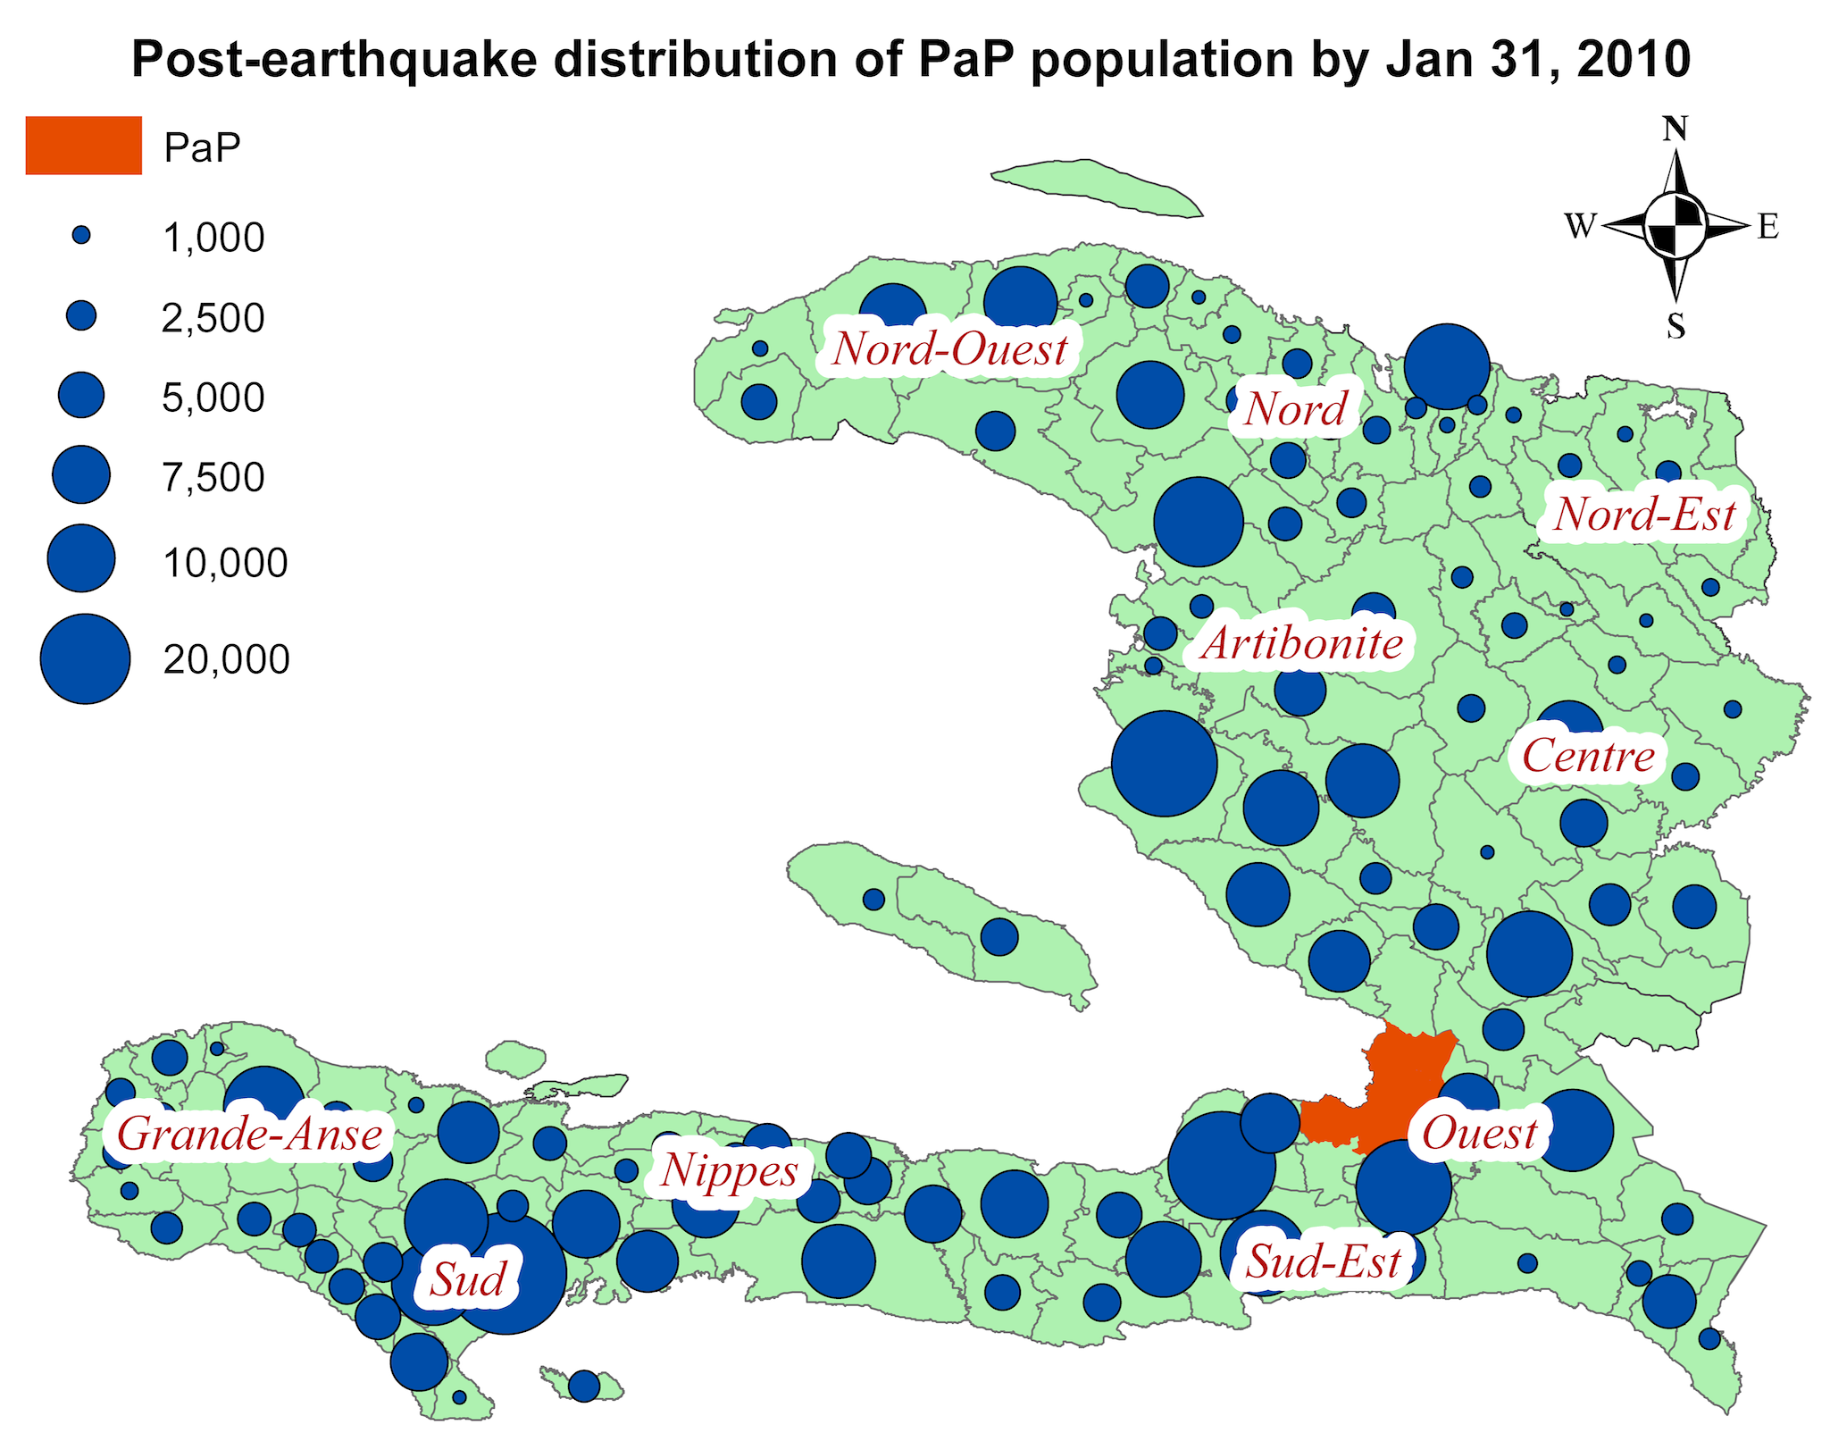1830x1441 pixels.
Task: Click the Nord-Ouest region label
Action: [949, 349]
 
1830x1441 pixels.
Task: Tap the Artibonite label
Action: [1301, 644]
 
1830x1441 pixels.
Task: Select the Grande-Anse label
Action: [250, 1135]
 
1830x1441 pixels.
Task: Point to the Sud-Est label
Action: [1323, 1262]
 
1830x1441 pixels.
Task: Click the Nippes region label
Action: [729, 1171]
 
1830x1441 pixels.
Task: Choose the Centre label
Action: [1588, 756]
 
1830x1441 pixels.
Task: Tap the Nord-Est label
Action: [1644, 515]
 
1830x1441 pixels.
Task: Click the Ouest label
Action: [1479, 1134]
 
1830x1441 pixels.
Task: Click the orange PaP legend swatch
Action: [83, 146]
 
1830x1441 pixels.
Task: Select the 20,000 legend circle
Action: [85, 659]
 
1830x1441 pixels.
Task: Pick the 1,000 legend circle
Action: [81, 236]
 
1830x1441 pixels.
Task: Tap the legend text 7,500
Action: [213, 477]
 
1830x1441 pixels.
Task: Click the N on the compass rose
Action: [1675, 130]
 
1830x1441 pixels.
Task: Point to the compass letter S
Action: [1675, 326]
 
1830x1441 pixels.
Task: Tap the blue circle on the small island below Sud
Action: [584, 1386]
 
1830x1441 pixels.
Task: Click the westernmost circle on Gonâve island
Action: [874, 899]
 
